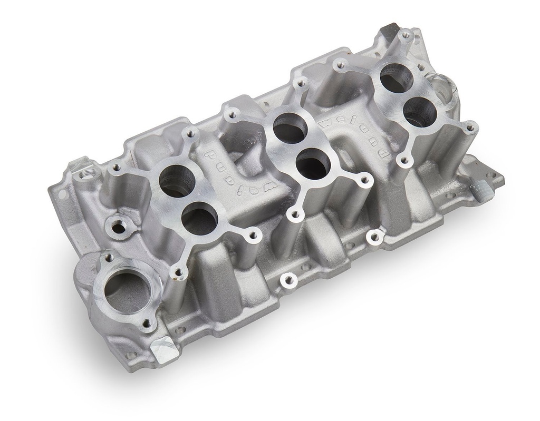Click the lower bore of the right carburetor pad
[420, 112]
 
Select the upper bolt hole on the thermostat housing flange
[108, 258]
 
